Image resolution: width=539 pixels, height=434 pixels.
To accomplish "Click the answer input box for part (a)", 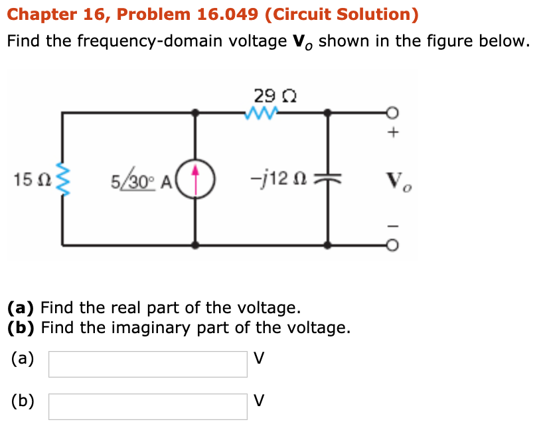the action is (147, 364).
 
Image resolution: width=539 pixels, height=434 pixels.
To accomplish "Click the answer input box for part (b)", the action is (147, 406).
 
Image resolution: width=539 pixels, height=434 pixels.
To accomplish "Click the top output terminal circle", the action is (393, 113).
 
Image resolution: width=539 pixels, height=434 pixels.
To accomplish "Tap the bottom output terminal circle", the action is (393, 245).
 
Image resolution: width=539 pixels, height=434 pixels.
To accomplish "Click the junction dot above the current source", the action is (195, 113).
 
